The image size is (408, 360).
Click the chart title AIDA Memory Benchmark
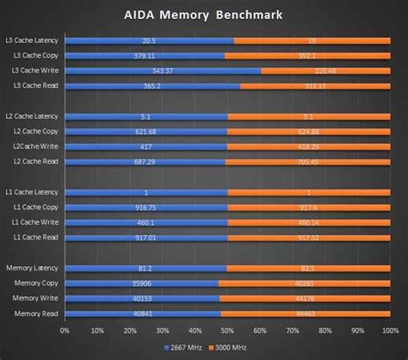pos(205,16)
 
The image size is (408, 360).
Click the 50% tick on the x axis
pos(225,330)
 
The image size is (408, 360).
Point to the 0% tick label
pos(65,330)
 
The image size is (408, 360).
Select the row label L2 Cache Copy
pos(33,132)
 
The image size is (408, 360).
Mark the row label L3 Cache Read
pos(33,86)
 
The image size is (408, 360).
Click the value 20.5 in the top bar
pos(149,40)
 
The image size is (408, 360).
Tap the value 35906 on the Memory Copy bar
pos(142,283)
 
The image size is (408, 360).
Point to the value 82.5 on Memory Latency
pos(306,269)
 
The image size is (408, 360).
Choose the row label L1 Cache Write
pos(33,222)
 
